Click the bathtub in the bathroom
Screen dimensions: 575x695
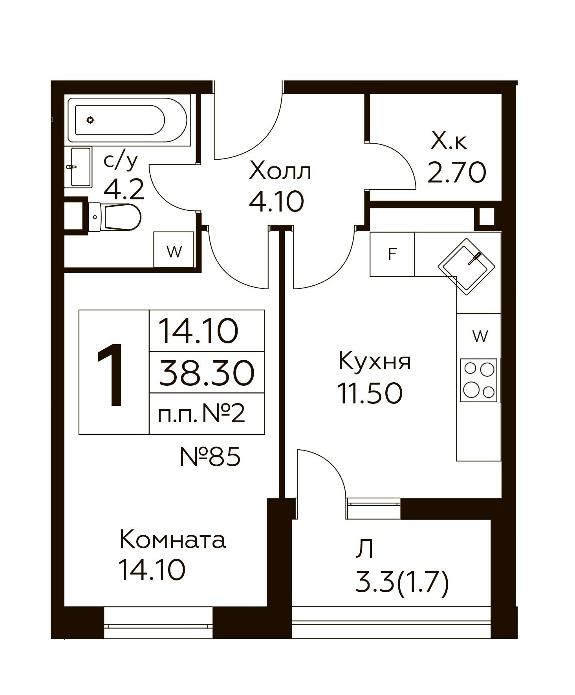click(129, 120)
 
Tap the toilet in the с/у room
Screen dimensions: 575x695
click(114, 217)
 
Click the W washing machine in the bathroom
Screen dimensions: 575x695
click(174, 250)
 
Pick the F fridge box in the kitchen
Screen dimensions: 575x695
click(392, 254)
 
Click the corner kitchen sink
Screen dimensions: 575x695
click(467, 266)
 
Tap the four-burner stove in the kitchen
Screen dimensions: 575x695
click(479, 380)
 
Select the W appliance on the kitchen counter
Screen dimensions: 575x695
click(479, 336)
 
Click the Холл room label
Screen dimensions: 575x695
click(280, 171)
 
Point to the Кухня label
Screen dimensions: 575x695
click(374, 361)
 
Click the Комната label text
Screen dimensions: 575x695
click(173, 540)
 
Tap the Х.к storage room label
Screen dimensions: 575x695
click(449, 141)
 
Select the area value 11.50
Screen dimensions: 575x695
click(370, 393)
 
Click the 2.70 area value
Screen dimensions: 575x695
click(457, 173)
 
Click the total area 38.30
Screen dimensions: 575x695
click(207, 373)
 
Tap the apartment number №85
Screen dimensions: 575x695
click(210, 456)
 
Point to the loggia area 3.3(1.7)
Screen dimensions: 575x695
click(402, 583)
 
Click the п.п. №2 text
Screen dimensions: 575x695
click(201, 413)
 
